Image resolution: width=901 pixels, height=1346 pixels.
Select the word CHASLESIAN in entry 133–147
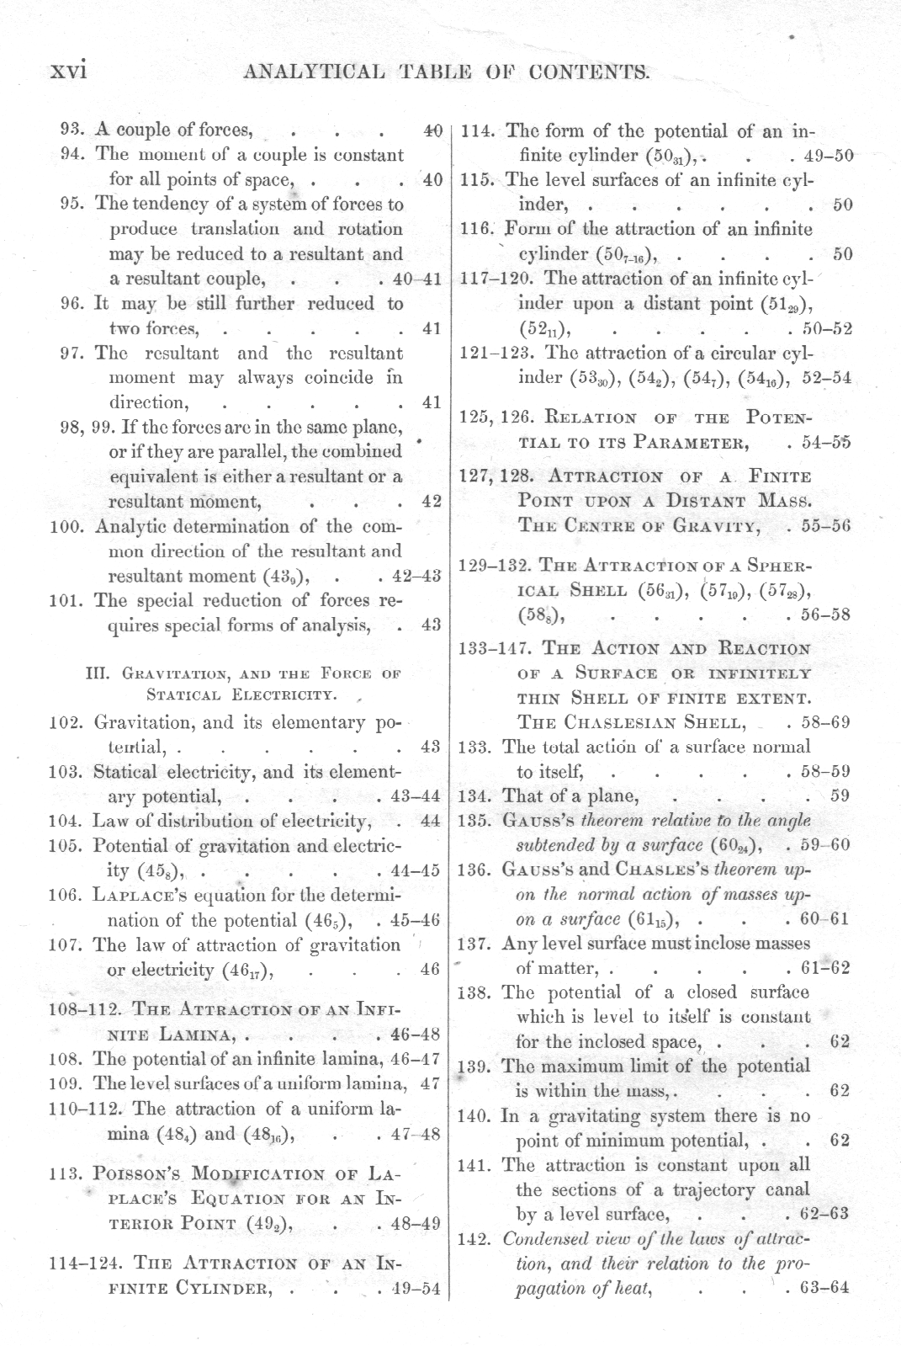(631, 722)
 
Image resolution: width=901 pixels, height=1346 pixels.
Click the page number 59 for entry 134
(839, 795)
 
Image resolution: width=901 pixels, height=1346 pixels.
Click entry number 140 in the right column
(478, 1116)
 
